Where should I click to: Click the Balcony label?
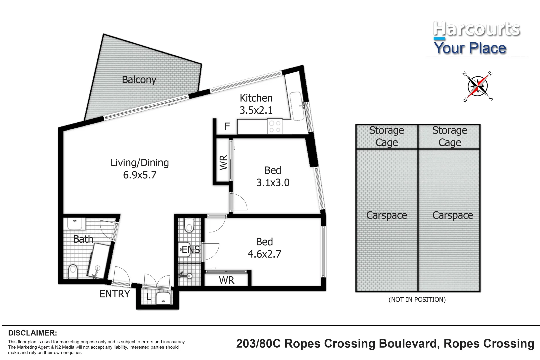139,80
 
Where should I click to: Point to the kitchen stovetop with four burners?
275,126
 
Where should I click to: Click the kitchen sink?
297,106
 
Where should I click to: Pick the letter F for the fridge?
227,126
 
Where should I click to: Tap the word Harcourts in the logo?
477,29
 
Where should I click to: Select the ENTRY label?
115,294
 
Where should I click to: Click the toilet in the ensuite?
189,225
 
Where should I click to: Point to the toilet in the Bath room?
73,272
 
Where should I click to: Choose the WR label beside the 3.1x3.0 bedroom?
223,162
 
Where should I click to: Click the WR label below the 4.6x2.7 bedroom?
227,280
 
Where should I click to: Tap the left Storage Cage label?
387,136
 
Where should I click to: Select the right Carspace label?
453,215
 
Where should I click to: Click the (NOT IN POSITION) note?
417,300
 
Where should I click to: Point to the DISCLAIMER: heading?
33,333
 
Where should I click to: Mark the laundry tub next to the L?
163,298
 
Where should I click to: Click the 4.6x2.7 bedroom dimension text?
264,254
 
